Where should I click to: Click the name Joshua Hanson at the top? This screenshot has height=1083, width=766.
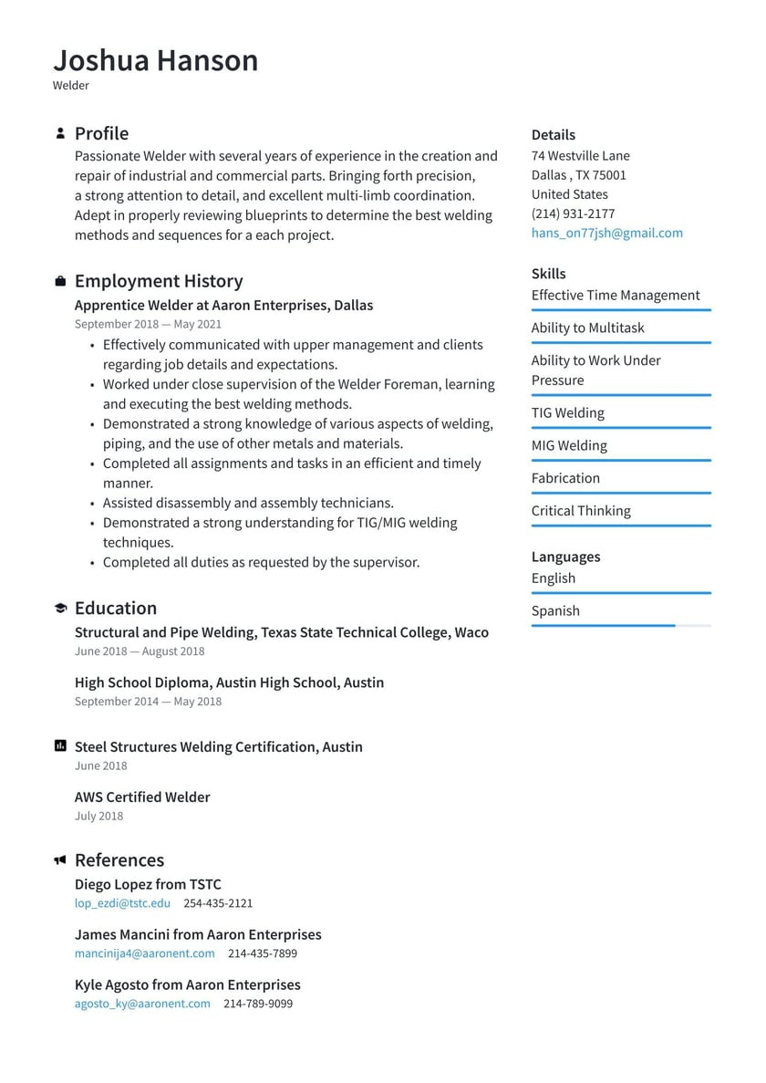point(156,60)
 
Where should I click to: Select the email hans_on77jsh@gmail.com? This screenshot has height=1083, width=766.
point(606,233)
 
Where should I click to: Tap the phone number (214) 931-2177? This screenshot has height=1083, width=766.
point(573,213)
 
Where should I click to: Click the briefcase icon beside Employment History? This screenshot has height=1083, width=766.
point(60,281)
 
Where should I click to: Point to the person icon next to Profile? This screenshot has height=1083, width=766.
point(60,133)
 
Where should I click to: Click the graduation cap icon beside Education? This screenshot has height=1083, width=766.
point(60,609)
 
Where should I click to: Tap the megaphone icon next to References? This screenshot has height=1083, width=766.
point(60,860)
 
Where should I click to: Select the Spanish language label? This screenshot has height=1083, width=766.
point(555,610)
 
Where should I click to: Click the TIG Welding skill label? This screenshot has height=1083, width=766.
point(567,412)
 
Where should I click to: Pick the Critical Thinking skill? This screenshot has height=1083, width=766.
point(581,511)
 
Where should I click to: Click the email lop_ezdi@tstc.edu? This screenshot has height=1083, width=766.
point(122,903)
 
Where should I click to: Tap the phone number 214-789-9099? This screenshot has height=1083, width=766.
point(258,1004)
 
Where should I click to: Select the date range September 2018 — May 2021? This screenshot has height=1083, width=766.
point(148,324)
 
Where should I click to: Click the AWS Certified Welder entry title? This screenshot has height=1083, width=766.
point(142,797)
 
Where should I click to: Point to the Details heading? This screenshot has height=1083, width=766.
point(554,135)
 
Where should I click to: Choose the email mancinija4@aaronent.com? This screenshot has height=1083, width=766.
point(144,953)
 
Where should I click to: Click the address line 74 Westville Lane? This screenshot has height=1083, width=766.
point(580,155)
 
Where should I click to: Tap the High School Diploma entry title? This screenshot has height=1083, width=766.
point(229,682)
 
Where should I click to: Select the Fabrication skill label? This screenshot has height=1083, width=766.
point(565,478)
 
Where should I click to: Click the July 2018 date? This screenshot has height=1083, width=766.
point(98,817)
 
